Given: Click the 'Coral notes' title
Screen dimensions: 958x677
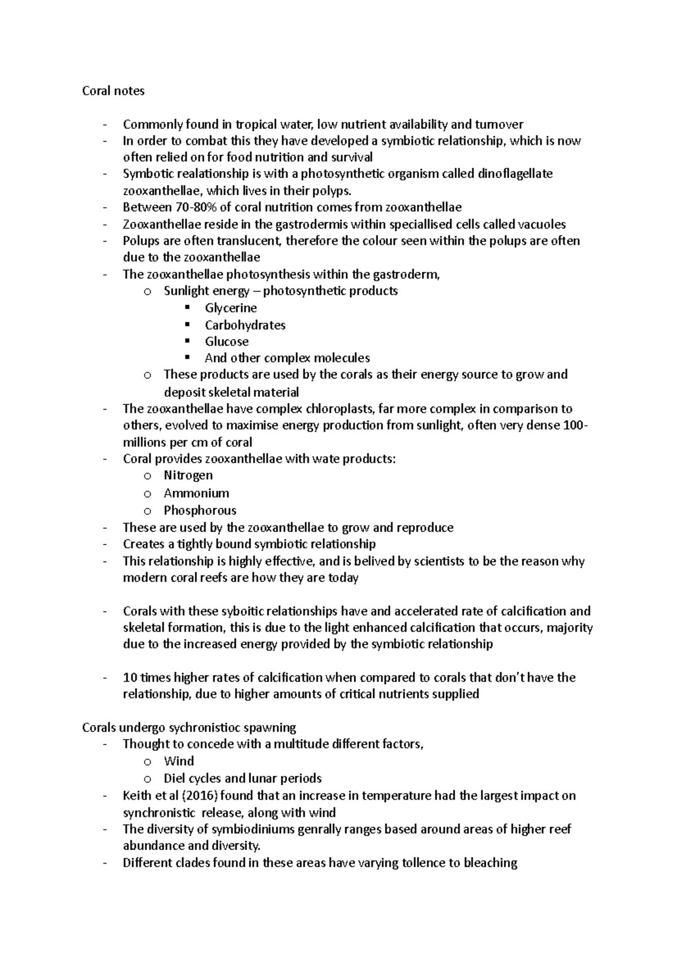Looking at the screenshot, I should pyautogui.click(x=113, y=91).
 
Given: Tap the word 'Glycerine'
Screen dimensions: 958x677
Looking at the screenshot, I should pyautogui.click(x=231, y=308).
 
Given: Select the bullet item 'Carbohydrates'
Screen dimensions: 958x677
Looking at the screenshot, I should pyautogui.click(x=245, y=325).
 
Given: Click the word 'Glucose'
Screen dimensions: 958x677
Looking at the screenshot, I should pyautogui.click(x=226, y=341).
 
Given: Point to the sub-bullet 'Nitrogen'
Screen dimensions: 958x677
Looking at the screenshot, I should pyautogui.click(x=188, y=475).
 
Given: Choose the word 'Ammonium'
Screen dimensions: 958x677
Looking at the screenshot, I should pyautogui.click(x=196, y=493).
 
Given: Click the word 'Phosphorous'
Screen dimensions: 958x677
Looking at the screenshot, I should pyautogui.click(x=200, y=510).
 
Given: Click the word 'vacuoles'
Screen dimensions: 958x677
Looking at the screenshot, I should pyautogui.click(x=542, y=224).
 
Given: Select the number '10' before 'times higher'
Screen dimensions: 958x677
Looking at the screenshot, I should pyautogui.click(x=129, y=677).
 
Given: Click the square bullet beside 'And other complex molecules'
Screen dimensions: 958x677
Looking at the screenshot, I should pyautogui.click(x=188, y=357).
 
